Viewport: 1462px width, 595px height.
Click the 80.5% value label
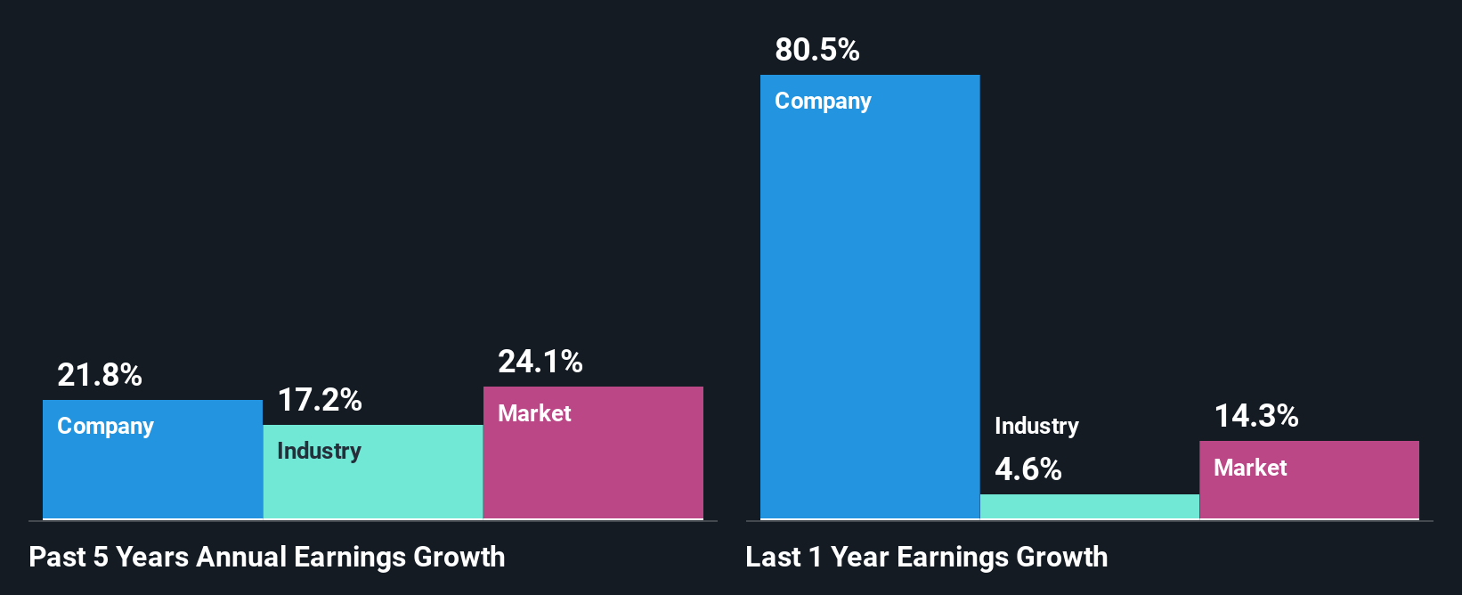[816, 50]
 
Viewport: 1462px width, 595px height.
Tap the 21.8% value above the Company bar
[99, 375]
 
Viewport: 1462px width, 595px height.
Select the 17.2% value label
[320, 400]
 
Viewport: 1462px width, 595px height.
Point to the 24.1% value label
[540, 362]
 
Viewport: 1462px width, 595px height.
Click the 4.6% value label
[1027, 469]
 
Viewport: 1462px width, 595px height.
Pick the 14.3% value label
[1256, 416]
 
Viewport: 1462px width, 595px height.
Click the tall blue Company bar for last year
[869, 312]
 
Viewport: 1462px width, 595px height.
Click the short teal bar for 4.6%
[1089, 507]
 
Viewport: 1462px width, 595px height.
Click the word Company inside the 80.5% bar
[823, 102]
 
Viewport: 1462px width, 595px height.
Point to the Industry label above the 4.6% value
[1036, 427]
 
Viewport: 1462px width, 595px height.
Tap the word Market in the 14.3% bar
[1250, 468]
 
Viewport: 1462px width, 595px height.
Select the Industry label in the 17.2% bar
[319, 451]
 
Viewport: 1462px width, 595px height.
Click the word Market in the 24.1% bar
[534, 413]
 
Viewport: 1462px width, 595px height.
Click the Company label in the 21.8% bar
[105, 427]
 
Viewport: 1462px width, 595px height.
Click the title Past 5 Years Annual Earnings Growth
[267, 557]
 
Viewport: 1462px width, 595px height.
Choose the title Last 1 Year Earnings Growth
[927, 557]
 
